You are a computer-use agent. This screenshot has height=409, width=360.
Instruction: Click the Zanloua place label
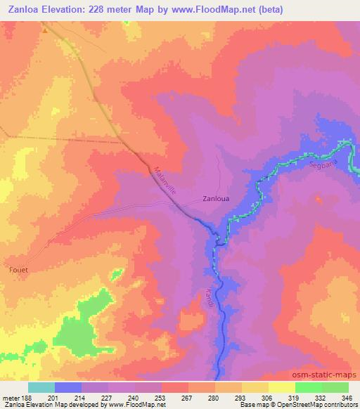coord(216,198)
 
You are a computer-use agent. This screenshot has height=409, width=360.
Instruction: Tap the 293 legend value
coord(240,397)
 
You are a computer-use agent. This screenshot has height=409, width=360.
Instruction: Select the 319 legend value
coord(294,397)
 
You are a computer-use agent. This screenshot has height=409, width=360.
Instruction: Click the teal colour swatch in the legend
coord(41,387)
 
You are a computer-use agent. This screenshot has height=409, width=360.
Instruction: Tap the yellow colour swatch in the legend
coord(281,387)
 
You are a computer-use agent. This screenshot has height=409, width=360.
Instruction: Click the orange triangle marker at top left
coord(44,30)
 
